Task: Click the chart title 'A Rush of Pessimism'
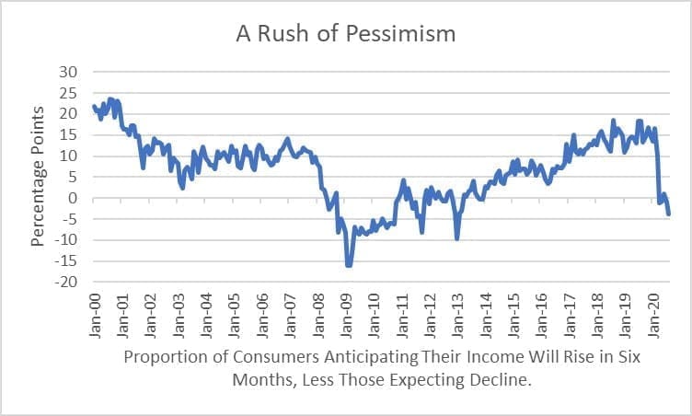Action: coord(346,35)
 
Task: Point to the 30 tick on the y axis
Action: coord(69,72)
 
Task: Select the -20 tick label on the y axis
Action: coord(65,282)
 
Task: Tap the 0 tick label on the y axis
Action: coord(74,198)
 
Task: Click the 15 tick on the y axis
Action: coord(69,134)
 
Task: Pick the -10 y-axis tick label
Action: coord(65,240)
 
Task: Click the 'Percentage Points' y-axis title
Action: coord(38,177)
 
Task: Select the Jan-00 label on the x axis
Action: coord(95,316)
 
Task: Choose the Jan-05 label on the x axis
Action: coord(235,316)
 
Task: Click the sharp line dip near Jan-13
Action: coord(456,238)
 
